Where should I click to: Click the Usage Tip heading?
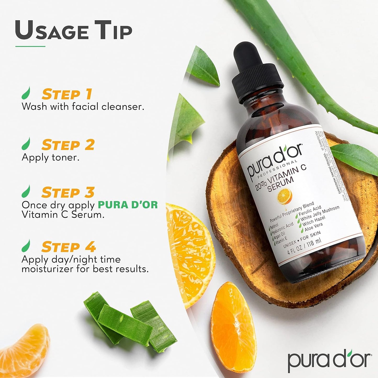(74, 31)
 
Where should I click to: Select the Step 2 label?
(68, 145)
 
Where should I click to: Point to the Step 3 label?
(68, 193)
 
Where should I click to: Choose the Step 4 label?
(69, 247)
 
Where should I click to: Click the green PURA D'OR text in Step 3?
(128, 205)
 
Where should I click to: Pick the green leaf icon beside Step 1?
(26, 93)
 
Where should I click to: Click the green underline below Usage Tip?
(30, 47)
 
